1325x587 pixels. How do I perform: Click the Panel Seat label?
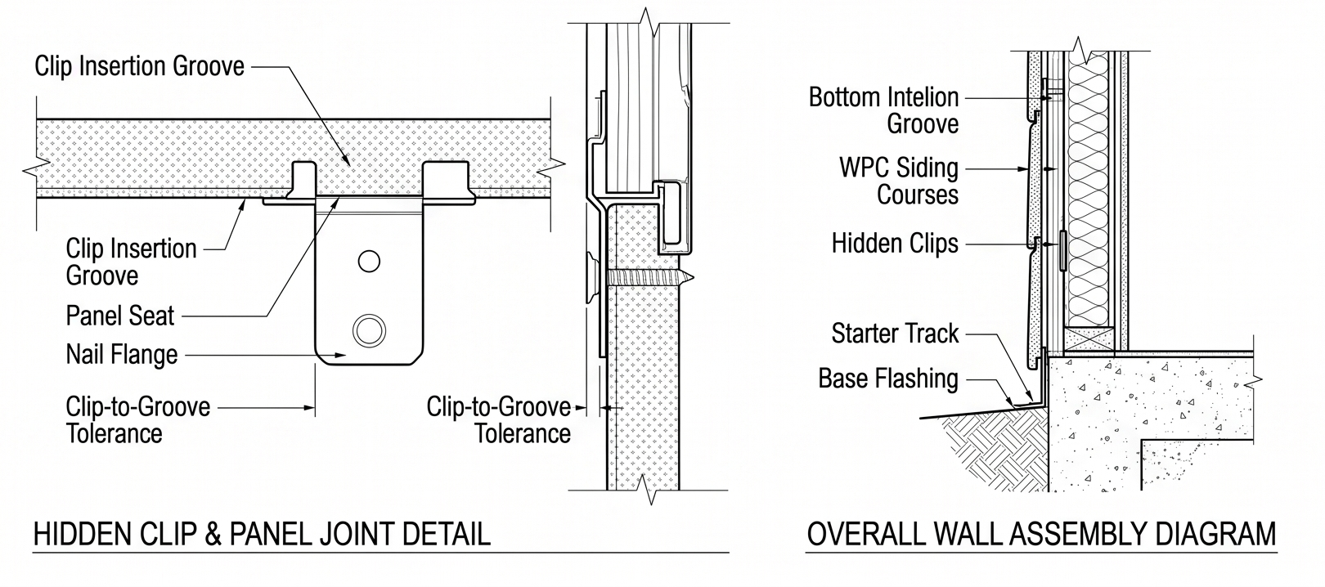click(x=120, y=316)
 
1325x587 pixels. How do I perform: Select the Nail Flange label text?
click(x=122, y=355)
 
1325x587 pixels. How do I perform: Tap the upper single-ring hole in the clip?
click(x=369, y=261)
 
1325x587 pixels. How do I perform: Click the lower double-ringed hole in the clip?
click(x=369, y=329)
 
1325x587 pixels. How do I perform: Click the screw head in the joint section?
click(x=592, y=276)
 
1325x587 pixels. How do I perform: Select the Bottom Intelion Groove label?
click(x=883, y=110)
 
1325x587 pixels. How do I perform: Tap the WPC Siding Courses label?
click(x=899, y=181)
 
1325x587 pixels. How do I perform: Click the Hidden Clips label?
click(x=895, y=244)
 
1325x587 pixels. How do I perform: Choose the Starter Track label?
click(x=895, y=334)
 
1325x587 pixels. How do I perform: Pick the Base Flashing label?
click(x=888, y=379)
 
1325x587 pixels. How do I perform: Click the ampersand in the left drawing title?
click(x=213, y=535)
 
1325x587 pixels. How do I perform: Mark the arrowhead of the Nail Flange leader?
click(x=340, y=356)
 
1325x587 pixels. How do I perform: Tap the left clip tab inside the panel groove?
click(x=303, y=181)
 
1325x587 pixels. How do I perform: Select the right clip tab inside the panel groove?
click(x=447, y=181)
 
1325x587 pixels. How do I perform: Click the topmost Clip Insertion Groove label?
click(x=139, y=66)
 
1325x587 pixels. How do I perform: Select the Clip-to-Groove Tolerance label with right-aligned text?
click(x=499, y=419)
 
